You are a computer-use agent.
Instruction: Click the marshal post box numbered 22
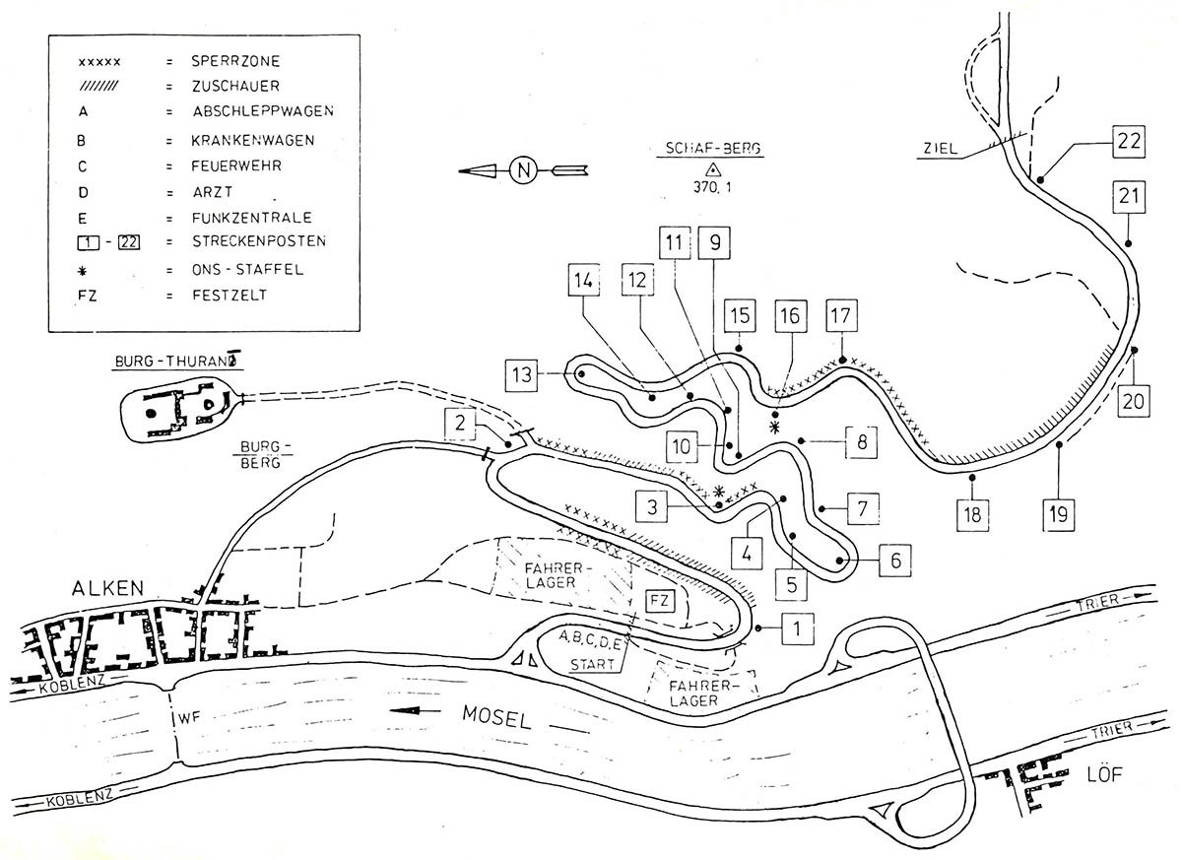point(1129,142)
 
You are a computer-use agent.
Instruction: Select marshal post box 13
point(521,375)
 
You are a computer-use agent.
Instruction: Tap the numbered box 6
point(895,560)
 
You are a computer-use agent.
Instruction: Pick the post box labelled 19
point(1059,514)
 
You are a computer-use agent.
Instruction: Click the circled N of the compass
point(523,170)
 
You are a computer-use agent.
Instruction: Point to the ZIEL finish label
point(941,148)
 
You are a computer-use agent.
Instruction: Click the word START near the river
point(592,664)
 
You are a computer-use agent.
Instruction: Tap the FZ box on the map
point(660,601)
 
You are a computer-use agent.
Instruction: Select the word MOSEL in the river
point(496,717)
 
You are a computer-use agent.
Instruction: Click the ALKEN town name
point(107,588)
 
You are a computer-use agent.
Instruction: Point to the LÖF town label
point(1104,774)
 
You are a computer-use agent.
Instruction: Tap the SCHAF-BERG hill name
point(712,148)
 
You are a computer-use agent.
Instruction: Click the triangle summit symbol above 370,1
point(713,169)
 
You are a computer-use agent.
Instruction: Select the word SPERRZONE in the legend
point(235,61)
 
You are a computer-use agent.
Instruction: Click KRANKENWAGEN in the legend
point(253,140)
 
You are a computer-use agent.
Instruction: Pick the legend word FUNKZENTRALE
point(252,218)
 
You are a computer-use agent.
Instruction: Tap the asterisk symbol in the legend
point(83,271)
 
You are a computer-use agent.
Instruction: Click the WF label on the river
point(189,718)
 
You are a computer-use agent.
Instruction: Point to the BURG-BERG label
point(261,455)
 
